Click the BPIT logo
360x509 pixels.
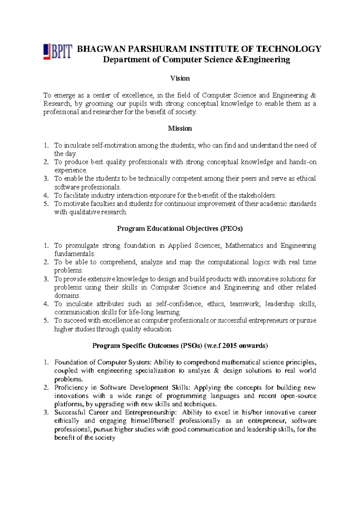[x=58, y=52]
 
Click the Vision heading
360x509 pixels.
[x=180, y=78]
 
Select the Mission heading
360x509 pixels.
[x=180, y=128]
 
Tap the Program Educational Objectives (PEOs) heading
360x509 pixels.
[x=180, y=229]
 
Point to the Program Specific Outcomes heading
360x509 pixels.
[x=180, y=346]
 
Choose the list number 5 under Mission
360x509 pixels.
[x=46, y=204]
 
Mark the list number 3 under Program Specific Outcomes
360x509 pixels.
[x=46, y=412]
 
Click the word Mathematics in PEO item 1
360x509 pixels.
[x=243, y=245]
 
